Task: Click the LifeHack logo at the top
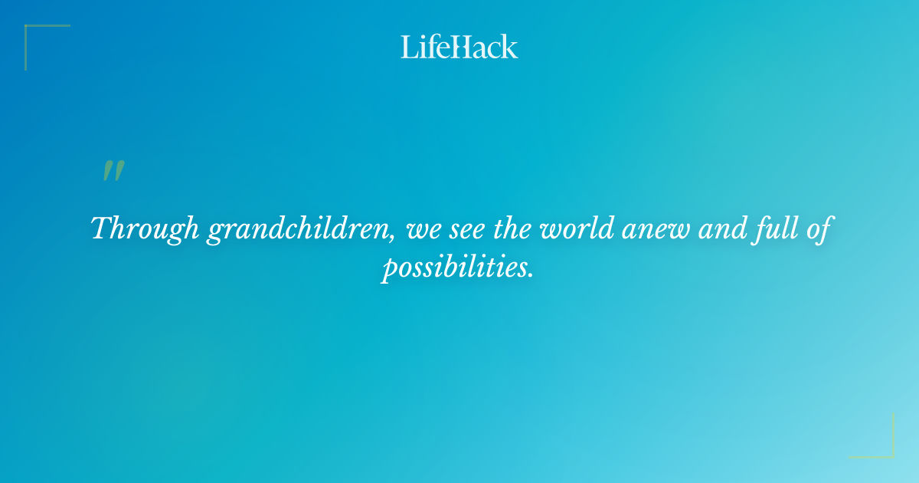[459, 47]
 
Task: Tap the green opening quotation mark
[113, 171]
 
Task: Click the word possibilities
[453, 268]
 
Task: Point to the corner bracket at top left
[31, 31]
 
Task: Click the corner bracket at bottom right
[888, 452]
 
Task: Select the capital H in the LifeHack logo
[462, 48]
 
